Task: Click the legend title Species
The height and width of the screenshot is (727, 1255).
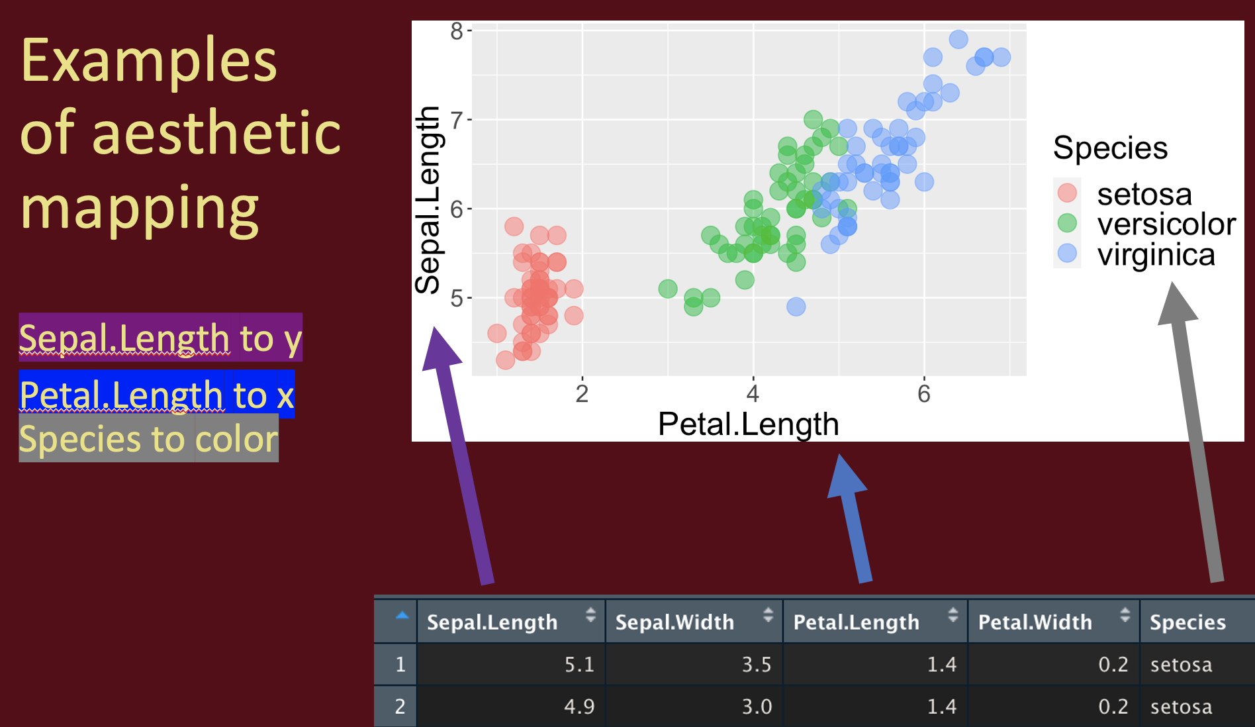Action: point(1110,148)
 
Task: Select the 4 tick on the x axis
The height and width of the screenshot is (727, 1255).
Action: point(753,394)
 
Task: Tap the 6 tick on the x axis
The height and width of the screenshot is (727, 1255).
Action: point(924,394)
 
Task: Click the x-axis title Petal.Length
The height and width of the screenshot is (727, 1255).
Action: point(749,424)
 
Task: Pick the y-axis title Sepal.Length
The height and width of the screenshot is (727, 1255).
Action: point(428,200)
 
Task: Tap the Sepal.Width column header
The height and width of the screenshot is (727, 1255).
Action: point(674,622)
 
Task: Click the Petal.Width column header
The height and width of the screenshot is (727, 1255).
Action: point(1035,622)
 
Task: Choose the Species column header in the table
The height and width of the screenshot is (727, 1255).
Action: point(1187,622)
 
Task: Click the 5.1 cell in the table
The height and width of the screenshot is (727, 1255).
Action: point(579,664)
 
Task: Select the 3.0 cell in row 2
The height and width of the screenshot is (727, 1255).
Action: point(757,706)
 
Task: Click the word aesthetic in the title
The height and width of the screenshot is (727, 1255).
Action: point(216,133)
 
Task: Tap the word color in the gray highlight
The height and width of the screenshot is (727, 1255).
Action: point(236,439)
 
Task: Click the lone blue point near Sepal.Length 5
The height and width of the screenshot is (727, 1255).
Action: point(796,307)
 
